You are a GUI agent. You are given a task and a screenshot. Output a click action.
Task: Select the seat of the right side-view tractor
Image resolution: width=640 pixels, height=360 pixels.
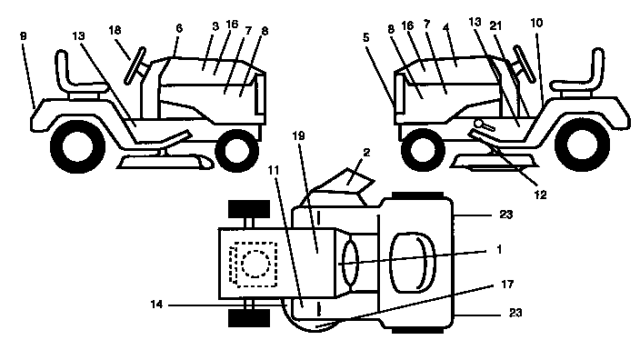coord(585,71)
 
